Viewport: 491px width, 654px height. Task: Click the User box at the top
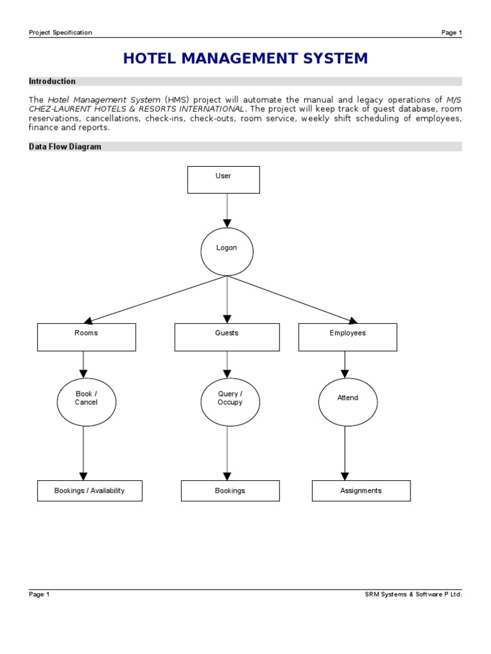[x=223, y=179]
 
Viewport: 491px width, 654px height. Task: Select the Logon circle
[x=226, y=252]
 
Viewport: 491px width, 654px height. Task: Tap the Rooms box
[x=86, y=337]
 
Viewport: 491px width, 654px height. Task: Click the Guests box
[x=226, y=337]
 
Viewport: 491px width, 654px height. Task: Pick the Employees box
[x=347, y=337]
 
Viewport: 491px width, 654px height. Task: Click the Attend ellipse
[x=347, y=402]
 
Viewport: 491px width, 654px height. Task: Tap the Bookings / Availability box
[x=90, y=490]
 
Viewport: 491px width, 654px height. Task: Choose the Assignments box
[x=361, y=490]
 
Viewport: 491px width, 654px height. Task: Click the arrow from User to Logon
[x=227, y=210]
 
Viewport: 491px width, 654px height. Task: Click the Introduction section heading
[x=52, y=81]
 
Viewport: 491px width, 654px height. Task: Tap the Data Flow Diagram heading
[x=65, y=146]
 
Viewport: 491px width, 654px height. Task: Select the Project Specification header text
[x=61, y=33]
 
